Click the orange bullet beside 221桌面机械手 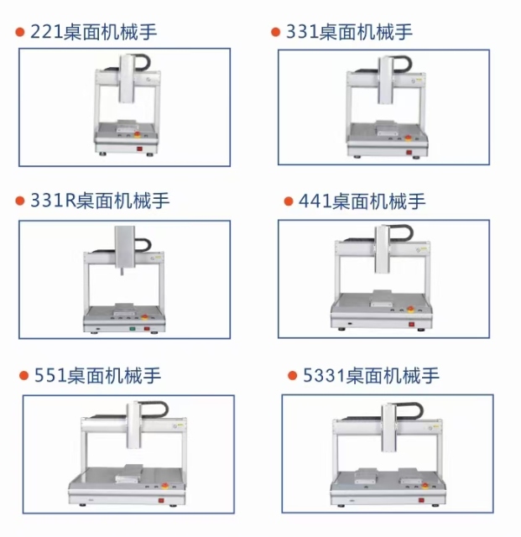pyautogui.click(x=20, y=32)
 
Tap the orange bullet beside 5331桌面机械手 pyautogui.click(x=293, y=375)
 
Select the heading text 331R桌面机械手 pyautogui.click(x=100, y=201)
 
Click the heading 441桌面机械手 pyautogui.click(x=362, y=201)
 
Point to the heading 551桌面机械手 pyautogui.click(x=97, y=375)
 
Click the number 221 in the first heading pyautogui.click(x=47, y=32)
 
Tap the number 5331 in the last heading pyautogui.click(x=324, y=375)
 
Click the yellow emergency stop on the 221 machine pyautogui.click(x=137, y=134)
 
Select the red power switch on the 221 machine pyautogui.click(x=140, y=149)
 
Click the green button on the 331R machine pyautogui.click(x=133, y=329)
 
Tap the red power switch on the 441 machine pyautogui.click(x=411, y=324)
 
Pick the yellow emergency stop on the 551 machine pyautogui.click(x=164, y=486)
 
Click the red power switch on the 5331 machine pyautogui.click(x=421, y=500)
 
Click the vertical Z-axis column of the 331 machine pyautogui.click(x=385, y=80)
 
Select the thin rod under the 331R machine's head pyautogui.click(x=121, y=271)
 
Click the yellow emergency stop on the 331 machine pyautogui.click(x=409, y=138)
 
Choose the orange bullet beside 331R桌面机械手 pyautogui.click(x=20, y=201)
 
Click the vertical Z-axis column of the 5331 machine pyautogui.click(x=389, y=427)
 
